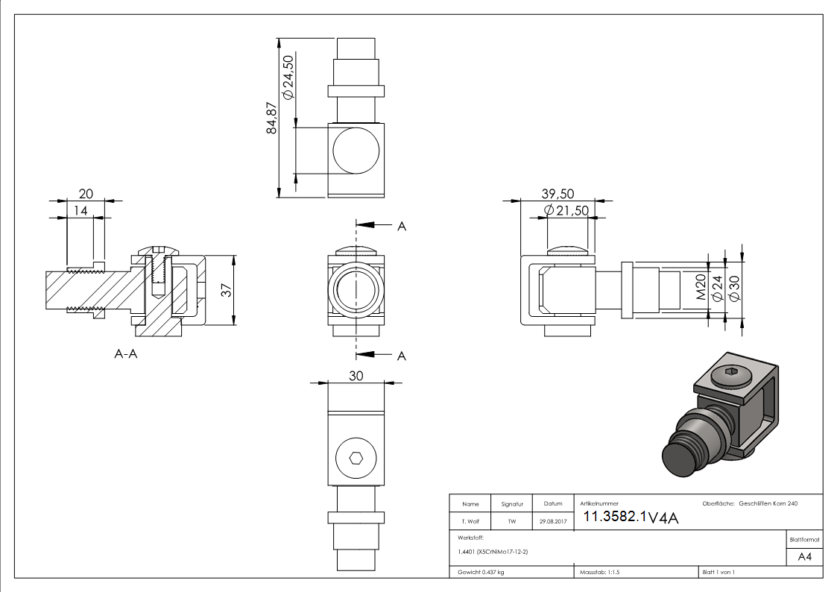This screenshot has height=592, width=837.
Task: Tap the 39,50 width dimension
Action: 558,194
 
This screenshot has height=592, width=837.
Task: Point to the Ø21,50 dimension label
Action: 566,211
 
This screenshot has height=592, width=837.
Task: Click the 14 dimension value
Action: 80,211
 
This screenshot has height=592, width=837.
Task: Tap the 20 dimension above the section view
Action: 86,194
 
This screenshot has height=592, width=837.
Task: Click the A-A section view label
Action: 126,355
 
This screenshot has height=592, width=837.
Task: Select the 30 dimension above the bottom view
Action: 356,376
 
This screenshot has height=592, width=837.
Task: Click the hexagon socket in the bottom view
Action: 356,458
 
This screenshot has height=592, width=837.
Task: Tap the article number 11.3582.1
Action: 614,517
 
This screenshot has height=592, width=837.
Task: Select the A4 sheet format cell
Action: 805,557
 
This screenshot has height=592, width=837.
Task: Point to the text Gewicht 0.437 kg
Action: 481,572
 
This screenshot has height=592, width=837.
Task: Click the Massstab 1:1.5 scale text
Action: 600,572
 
